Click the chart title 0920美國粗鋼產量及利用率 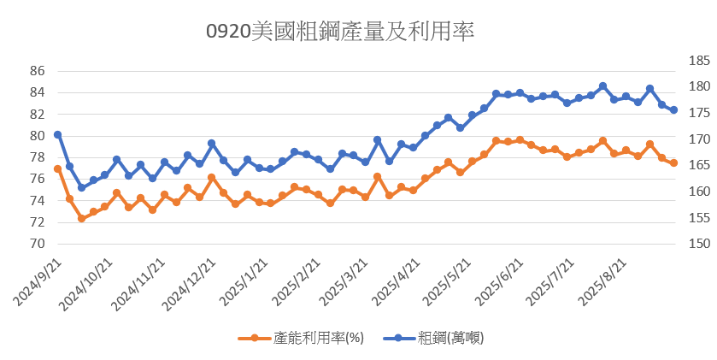(340, 32)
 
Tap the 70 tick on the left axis (36, 244)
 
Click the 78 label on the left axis (36, 157)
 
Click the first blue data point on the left (57, 134)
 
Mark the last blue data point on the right (674, 110)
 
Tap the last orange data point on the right (674, 162)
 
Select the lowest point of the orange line (81, 219)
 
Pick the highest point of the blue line (602, 86)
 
